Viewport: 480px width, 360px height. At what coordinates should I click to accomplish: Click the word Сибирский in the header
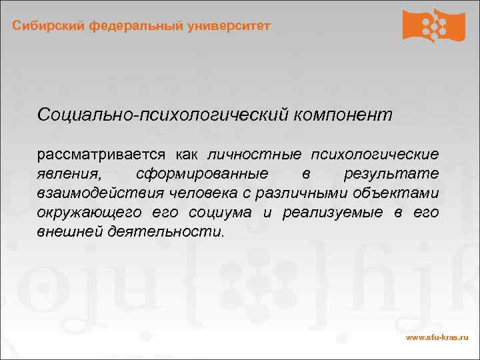coord(41,26)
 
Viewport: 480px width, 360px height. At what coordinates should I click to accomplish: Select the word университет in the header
coord(229,26)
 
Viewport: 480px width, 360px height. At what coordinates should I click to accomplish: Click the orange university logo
coord(433,25)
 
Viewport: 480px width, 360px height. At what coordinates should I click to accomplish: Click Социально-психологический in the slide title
coord(163,115)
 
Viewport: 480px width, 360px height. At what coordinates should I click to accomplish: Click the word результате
coord(391,174)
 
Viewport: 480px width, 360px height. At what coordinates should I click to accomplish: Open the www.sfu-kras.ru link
coord(437,338)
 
